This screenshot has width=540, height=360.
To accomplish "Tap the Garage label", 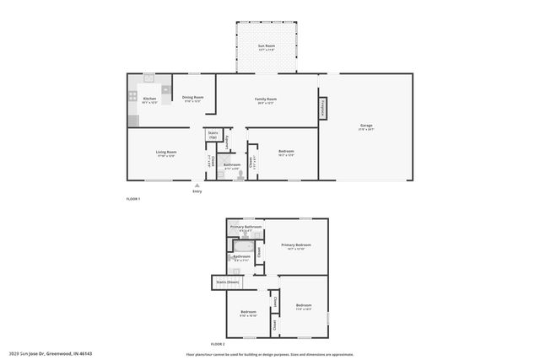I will point(366,126).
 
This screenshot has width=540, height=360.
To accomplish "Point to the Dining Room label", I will point(193,98).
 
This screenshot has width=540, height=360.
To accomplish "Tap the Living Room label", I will point(165,153).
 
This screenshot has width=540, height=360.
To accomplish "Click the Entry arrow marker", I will point(197,185).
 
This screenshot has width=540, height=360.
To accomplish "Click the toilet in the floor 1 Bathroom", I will point(240,173).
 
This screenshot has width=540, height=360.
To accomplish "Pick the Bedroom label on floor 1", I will point(286,152).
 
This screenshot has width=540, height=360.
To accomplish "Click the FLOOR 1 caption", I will point(132,198).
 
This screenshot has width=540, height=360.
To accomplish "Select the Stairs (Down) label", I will point(228,282).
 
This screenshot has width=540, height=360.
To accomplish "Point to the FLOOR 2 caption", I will point(218,345).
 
